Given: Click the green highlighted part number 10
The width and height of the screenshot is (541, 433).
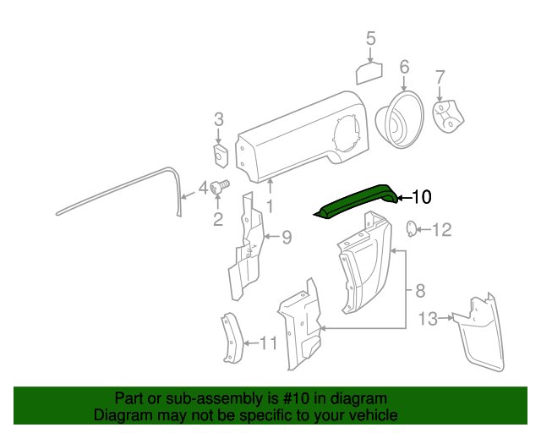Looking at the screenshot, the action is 355,201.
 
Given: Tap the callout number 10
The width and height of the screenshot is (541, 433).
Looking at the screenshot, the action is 421,197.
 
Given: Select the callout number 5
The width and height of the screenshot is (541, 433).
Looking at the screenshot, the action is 370,39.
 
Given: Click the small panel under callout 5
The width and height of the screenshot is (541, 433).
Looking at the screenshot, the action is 369,74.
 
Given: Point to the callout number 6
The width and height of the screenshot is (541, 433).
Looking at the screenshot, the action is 404,67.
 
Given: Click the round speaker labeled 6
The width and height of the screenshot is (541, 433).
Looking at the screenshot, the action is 400,120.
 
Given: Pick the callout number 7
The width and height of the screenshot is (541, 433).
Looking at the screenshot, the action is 440,78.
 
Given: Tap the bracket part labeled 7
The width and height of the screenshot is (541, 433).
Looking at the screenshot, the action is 448,117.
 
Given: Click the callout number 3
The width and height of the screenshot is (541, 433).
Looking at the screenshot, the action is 219,119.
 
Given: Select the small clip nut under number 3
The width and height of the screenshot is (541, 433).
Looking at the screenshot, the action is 220,156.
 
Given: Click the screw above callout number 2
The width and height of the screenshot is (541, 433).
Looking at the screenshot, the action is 220,187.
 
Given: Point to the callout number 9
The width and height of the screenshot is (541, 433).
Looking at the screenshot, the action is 287,238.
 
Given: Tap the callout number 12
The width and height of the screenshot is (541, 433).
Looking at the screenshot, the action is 441,230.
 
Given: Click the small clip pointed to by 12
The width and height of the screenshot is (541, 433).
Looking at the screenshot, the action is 411,229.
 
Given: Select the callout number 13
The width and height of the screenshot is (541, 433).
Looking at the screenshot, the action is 428,319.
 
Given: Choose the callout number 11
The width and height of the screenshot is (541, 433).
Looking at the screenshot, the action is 268,343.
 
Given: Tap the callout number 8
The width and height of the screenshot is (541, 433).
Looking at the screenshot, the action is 420,291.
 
